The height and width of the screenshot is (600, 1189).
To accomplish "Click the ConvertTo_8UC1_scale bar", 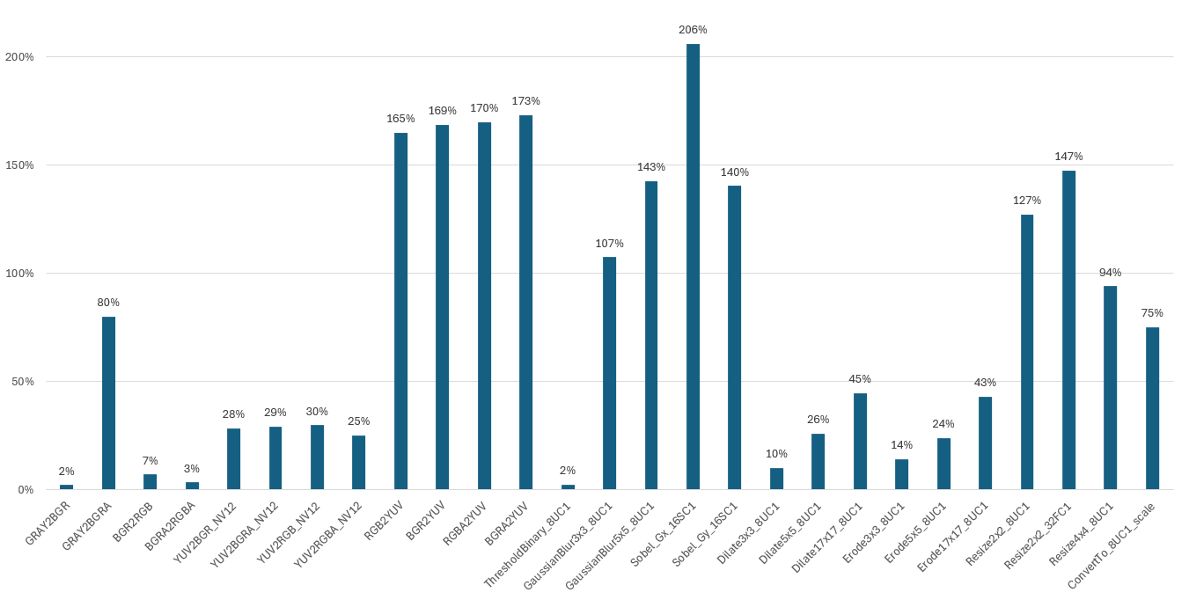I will click(1152, 408).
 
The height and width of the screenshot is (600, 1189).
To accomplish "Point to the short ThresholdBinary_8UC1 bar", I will click(568, 487).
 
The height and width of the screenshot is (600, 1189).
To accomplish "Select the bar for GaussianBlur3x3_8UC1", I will click(609, 373).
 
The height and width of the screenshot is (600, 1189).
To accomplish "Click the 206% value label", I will click(693, 30).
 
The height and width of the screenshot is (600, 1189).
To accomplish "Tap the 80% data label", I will click(108, 303).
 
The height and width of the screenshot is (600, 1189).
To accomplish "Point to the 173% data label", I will click(525, 101).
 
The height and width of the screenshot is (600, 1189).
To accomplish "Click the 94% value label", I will click(1110, 273).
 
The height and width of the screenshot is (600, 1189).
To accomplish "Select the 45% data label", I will click(860, 379).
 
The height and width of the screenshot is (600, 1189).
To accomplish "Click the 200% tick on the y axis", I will click(19, 57).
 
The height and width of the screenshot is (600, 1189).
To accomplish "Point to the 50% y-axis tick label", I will click(22, 382).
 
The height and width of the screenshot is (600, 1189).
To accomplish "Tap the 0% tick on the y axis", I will click(26, 490).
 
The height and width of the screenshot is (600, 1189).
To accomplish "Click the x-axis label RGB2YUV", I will click(385, 520).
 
